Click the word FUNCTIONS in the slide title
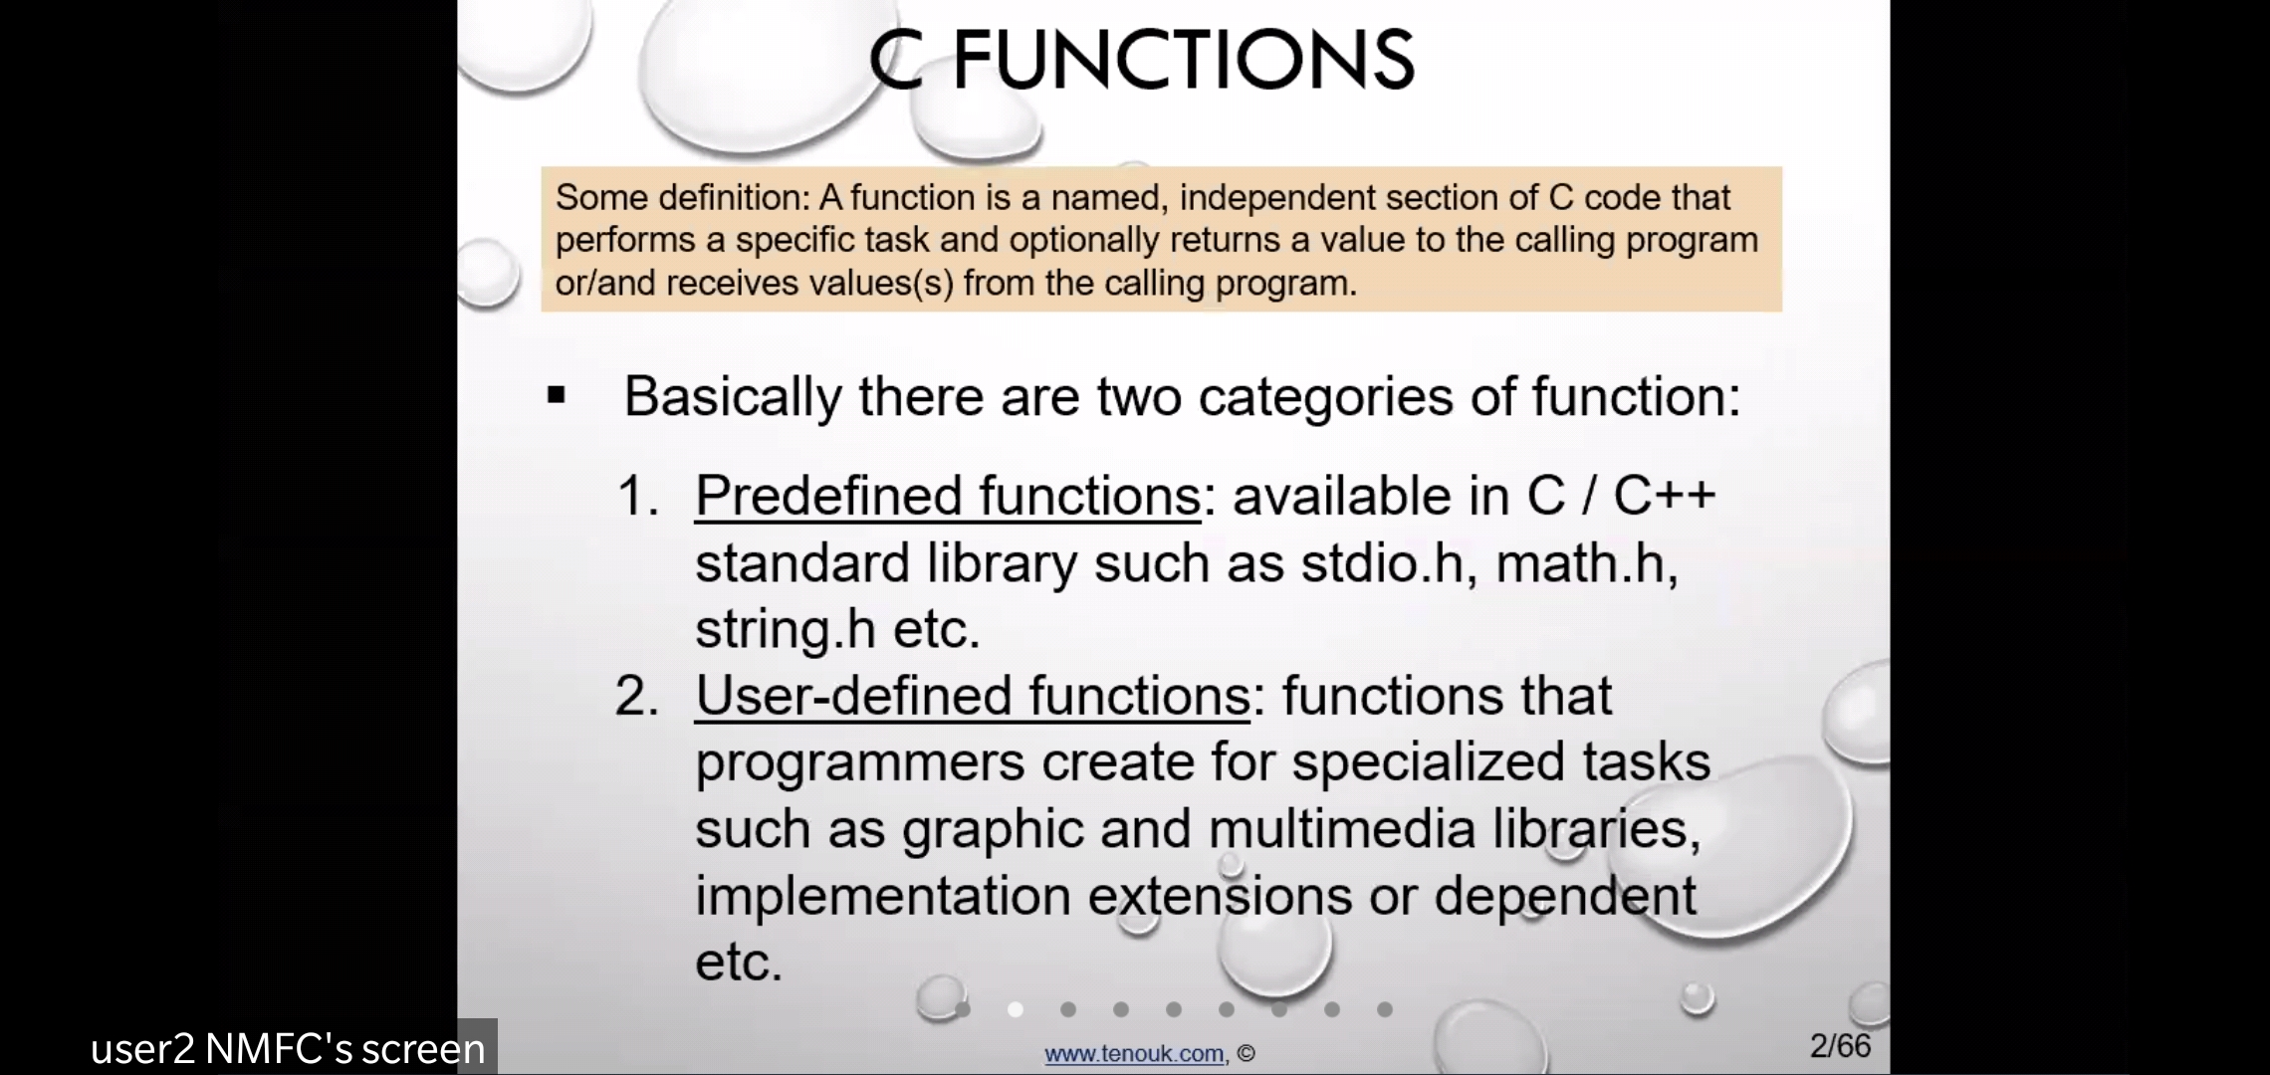click(1183, 59)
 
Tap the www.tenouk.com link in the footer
click(1134, 1053)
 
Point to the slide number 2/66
click(1841, 1045)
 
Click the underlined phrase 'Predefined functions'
click(948, 496)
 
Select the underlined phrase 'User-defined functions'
click(972, 695)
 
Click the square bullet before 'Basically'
click(557, 396)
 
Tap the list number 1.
click(638, 496)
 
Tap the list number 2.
click(637, 696)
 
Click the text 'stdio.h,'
click(1389, 563)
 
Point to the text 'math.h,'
click(1587, 563)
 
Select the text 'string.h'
click(786, 630)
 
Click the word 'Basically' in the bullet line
click(733, 397)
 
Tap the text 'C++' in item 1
click(1665, 495)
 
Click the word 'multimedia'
click(1342, 828)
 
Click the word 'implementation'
click(882, 896)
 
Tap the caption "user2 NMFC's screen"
click(288, 1049)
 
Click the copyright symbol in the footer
click(1247, 1053)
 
